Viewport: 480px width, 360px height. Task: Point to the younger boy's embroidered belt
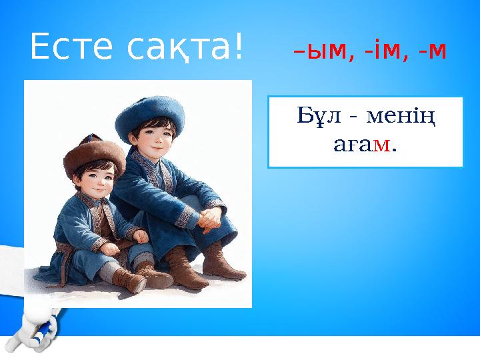(x=67, y=251)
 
